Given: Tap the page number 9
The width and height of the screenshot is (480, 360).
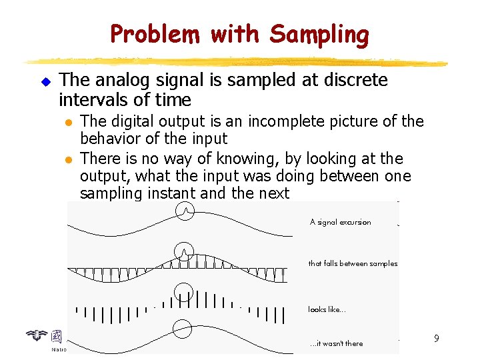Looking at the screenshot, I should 436,339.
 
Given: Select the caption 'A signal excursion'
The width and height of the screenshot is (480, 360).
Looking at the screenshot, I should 340,222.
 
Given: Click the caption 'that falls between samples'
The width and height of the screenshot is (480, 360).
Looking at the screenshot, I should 353,263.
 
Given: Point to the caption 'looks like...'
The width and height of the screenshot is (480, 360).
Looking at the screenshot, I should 327,309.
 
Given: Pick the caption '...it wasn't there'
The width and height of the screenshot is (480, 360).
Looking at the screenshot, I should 337,343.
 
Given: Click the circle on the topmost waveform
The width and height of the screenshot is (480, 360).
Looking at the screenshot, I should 185,211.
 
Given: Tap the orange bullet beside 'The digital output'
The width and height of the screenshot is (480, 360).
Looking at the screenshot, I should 67,122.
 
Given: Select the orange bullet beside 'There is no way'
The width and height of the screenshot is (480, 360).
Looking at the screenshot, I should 67,159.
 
